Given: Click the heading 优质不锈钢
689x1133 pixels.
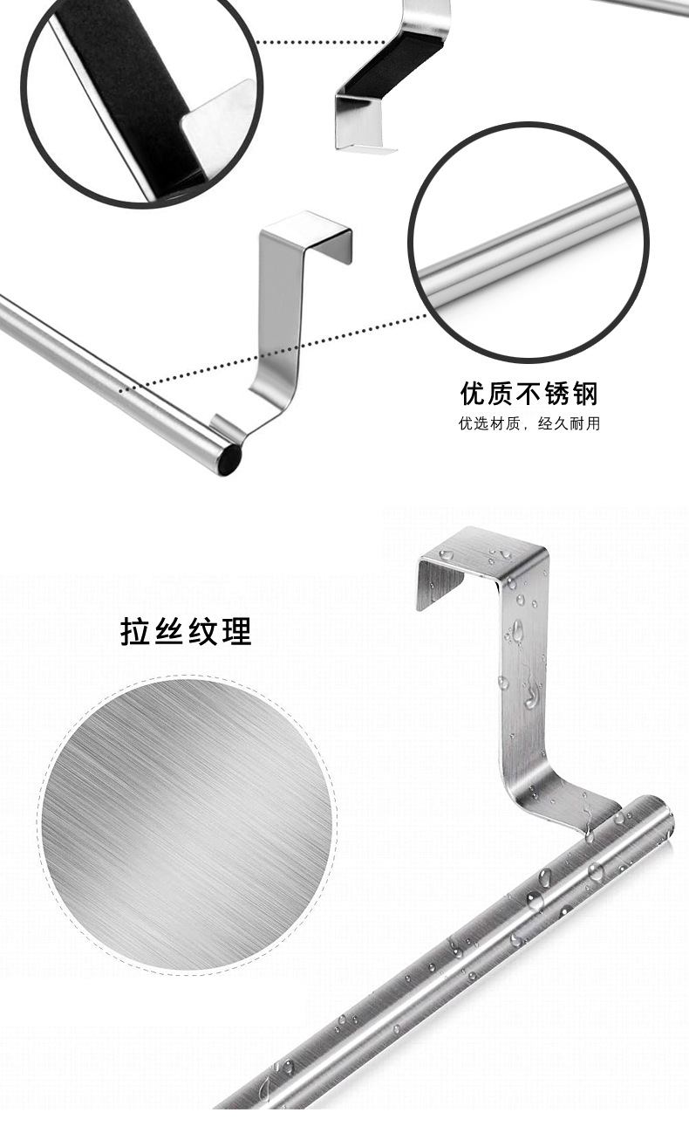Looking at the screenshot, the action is click(529, 394).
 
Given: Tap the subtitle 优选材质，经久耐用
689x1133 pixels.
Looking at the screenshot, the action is click(529, 424).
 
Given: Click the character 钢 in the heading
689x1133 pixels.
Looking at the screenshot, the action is click(585, 394).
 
